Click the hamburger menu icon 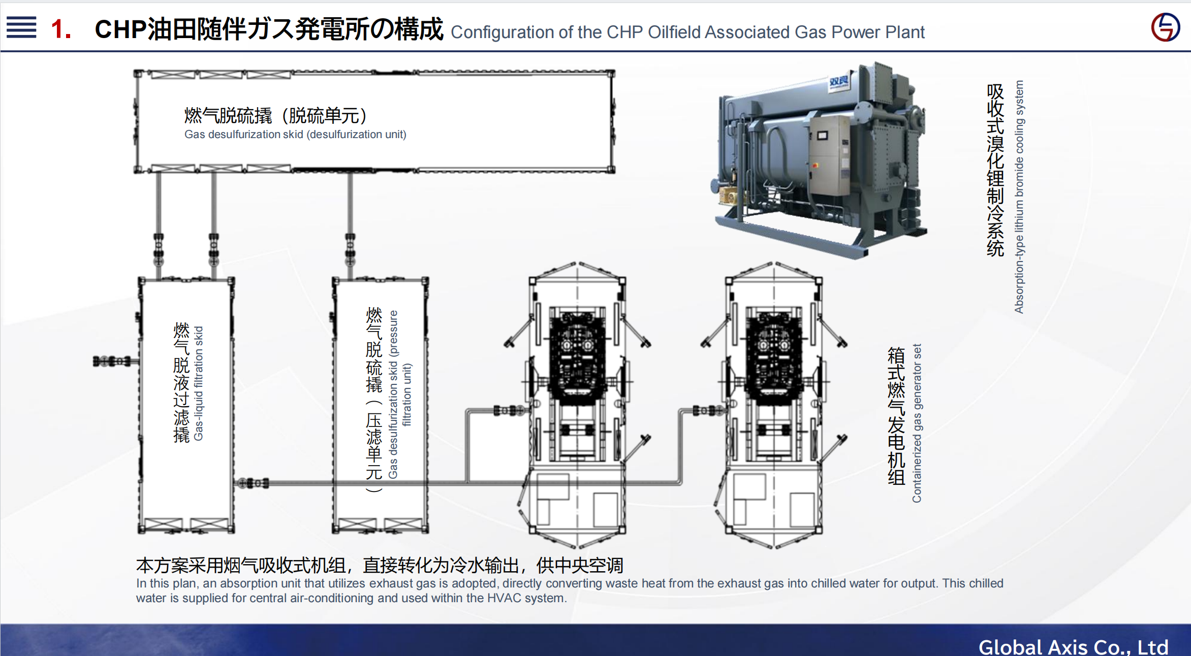[21, 27]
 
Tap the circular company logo [1165, 27]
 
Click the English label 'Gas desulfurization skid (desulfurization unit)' [295, 135]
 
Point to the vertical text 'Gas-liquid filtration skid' [198, 383]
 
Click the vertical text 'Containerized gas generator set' [917, 423]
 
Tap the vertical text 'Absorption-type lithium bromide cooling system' [1019, 196]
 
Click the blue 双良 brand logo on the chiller [838, 81]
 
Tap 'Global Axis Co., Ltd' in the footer [1073, 646]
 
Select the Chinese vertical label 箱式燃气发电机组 [896, 416]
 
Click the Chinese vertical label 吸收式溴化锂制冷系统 [995, 170]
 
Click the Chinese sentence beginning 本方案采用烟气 [380, 565]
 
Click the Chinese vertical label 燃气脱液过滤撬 [181, 382]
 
